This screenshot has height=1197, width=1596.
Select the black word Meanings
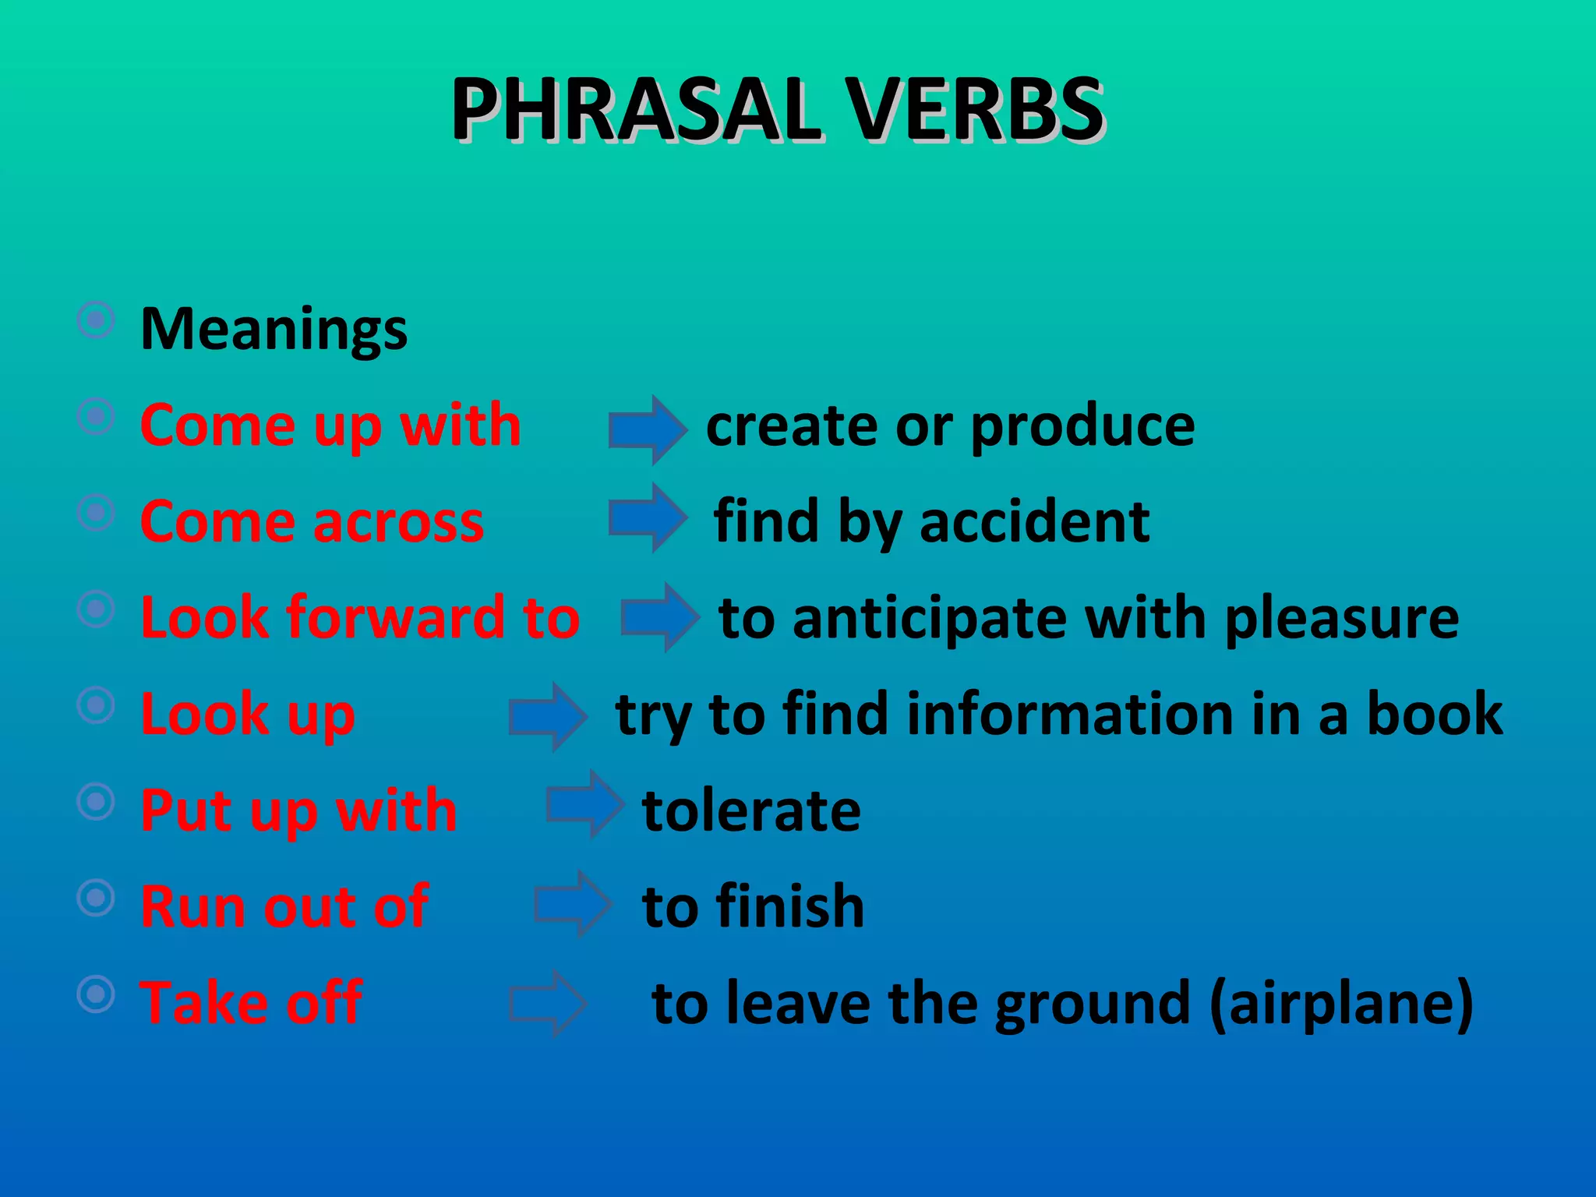coord(274,329)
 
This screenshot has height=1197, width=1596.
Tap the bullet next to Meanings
coord(97,320)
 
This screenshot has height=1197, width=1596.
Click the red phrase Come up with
coord(330,426)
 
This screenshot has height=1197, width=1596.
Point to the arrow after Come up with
coord(648,429)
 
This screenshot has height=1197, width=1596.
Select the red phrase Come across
coord(312,521)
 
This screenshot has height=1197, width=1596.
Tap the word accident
coord(1034,521)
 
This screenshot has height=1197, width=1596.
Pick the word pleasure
coord(1341,619)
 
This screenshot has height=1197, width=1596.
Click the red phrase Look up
coord(248,714)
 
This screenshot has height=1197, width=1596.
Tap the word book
coord(1435,713)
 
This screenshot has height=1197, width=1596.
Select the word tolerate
coord(751,810)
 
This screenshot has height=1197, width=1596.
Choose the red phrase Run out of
coord(284,906)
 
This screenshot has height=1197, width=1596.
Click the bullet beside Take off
coord(97,994)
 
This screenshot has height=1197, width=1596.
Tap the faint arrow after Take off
coord(547,1003)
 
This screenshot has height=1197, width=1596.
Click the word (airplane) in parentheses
coord(1341,1004)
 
